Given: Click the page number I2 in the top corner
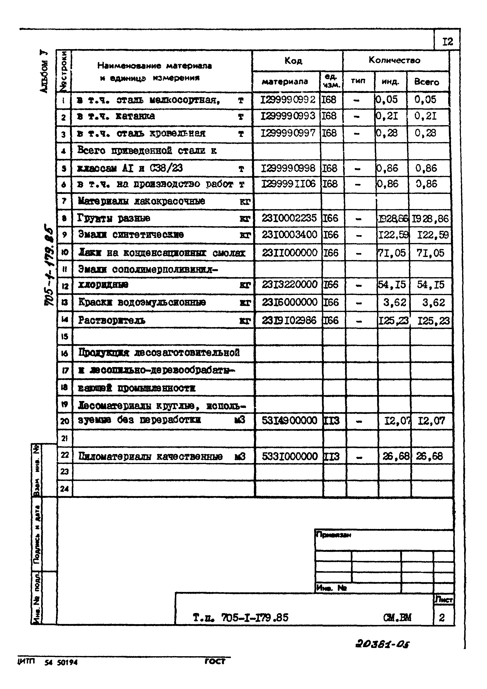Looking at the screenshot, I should pos(447,42).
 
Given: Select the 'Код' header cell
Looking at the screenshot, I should pos(293,61).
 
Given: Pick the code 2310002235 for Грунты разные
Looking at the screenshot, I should pos(289,218).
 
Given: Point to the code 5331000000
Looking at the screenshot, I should pos(289,456).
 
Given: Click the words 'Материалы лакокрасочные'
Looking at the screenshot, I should pos(141,201).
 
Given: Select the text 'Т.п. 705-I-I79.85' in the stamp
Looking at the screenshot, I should pos(240,617).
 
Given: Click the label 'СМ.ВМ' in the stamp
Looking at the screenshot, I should pos(397,617).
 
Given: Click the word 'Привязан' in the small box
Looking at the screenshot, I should pos(333,535).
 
